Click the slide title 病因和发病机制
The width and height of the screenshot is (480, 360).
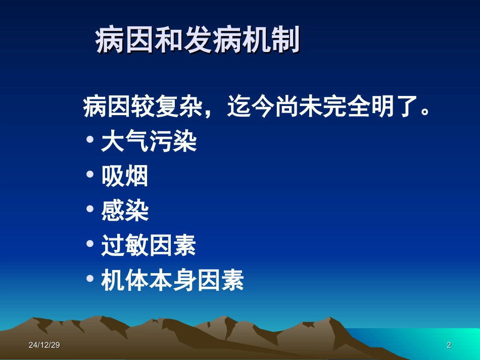pyautogui.click(x=198, y=40)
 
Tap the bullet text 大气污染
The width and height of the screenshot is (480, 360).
pyautogui.click(x=149, y=142)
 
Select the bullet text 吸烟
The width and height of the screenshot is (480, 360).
pyautogui.click(x=125, y=177)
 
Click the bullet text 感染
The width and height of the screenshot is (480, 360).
pyautogui.click(x=125, y=211)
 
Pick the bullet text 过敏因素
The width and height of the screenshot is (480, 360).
pyautogui.click(x=149, y=246)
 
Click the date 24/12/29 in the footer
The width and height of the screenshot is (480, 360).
pyautogui.click(x=44, y=345)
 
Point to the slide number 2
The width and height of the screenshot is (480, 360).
pyautogui.click(x=449, y=345)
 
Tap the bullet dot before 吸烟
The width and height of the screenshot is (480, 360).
pyautogui.click(x=90, y=174)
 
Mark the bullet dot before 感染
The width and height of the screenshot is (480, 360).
pyautogui.click(x=90, y=209)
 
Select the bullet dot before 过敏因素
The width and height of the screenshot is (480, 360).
pyautogui.click(x=90, y=243)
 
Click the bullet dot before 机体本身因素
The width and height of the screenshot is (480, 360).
pyautogui.click(x=90, y=278)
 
